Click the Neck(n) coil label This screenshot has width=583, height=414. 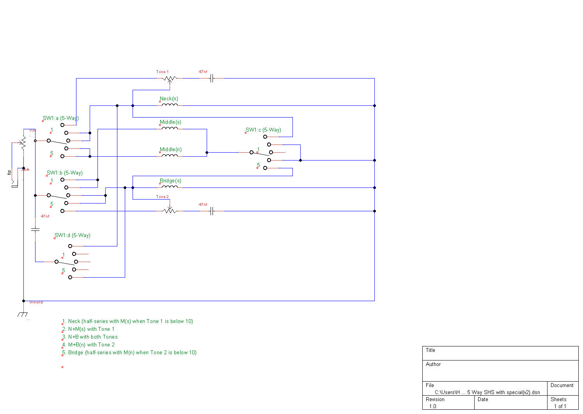(169, 99)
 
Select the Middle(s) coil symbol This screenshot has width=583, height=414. (170, 128)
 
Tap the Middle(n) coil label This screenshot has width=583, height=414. (170, 150)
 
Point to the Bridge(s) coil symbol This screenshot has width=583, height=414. (170, 187)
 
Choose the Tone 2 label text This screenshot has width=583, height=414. (162, 197)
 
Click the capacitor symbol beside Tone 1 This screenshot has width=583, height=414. (212, 79)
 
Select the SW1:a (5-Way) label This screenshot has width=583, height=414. (61, 118)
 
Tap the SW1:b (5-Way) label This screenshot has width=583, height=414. (65, 173)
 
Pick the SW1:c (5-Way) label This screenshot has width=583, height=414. (263, 130)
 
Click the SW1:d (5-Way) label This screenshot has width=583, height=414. (73, 236)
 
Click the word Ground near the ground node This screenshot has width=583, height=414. (36, 302)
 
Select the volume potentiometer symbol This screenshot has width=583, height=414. (23, 143)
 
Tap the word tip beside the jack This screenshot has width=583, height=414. (9, 172)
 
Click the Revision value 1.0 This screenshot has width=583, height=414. (433, 406)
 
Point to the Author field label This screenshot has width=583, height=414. (433, 364)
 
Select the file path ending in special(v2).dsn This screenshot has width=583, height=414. (487, 392)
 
